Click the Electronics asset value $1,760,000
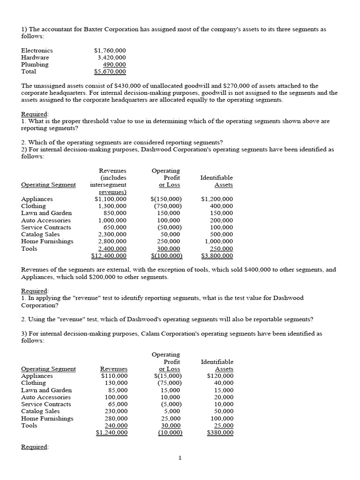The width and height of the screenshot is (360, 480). [110, 50]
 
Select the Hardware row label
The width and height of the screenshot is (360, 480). [35, 57]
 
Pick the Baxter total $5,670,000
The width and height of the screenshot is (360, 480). [110, 72]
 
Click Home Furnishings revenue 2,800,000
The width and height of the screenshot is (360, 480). [112, 241]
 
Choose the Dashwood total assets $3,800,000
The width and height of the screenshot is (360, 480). [217, 255]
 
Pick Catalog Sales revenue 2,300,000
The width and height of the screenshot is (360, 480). [112, 234]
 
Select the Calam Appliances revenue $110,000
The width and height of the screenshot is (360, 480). [114, 376]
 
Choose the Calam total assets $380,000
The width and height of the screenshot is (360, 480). [220, 433]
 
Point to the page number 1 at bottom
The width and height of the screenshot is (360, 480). [180, 458]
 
